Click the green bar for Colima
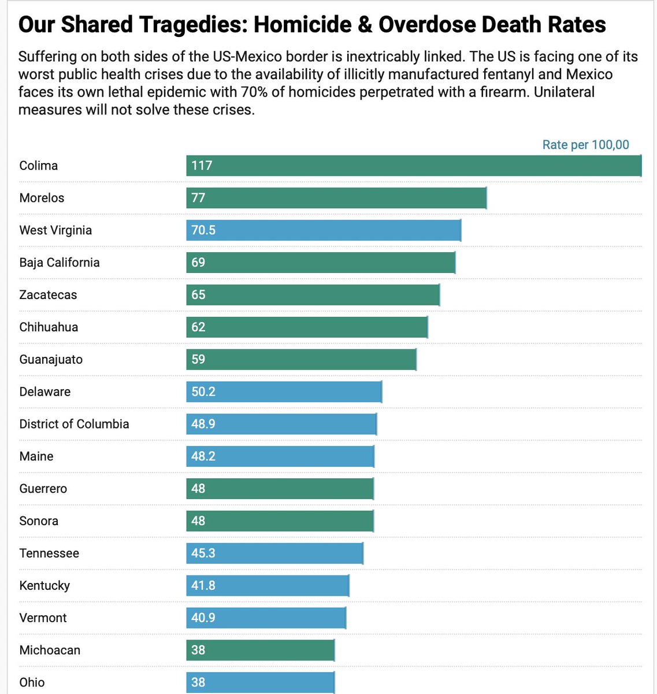414,165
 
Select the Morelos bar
336,198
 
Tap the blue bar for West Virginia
324,230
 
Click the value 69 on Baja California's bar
198,263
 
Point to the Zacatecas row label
48,295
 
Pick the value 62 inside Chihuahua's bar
198,327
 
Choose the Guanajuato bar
301,360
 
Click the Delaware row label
45,392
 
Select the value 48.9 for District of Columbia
203,424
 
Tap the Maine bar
280,456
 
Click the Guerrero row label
43,489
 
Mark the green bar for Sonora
280,521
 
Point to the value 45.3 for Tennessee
203,553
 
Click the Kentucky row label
44,585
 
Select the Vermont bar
266,618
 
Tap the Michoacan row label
50,650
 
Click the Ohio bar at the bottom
260,682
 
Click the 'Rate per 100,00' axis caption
585,145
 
